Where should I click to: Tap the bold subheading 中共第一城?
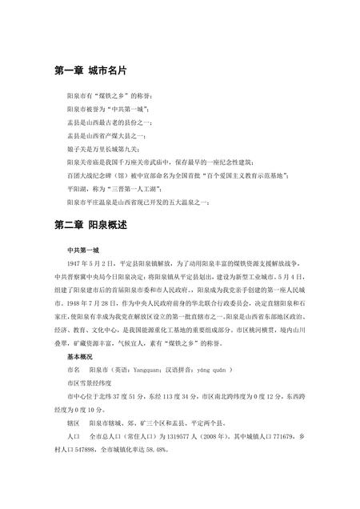point(82,250)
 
